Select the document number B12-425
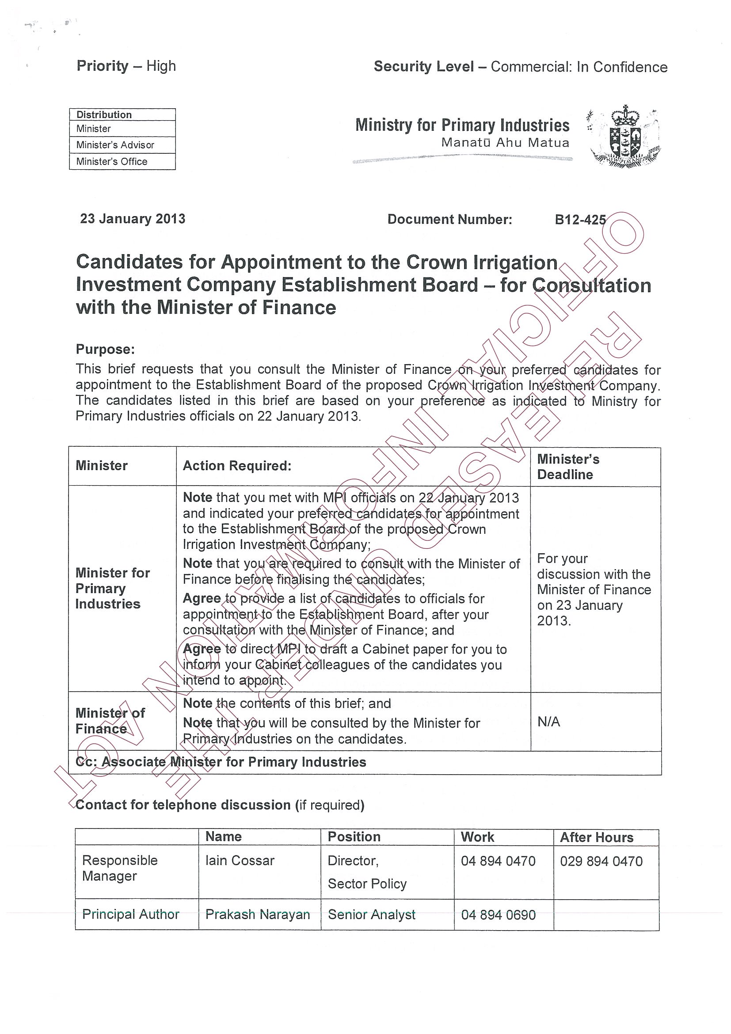coord(580,220)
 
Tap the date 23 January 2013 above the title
coord(133,219)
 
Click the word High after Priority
coord(161,66)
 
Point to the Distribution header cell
coord(104,115)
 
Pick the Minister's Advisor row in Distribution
coord(115,145)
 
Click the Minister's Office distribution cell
coord(112,162)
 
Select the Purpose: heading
coord(105,350)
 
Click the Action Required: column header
coord(237,466)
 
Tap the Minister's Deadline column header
coord(568,467)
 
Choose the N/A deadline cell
coord(548,722)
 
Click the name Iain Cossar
coord(240,861)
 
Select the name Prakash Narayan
coord(258,915)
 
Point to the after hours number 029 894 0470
coord(601,862)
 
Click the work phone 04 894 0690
coord(498,915)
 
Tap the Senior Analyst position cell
coord(372,915)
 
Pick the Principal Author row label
coord(131,915)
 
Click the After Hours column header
coord(596,838)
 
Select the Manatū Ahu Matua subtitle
coord(505,143)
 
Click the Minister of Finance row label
coord(110,721)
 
